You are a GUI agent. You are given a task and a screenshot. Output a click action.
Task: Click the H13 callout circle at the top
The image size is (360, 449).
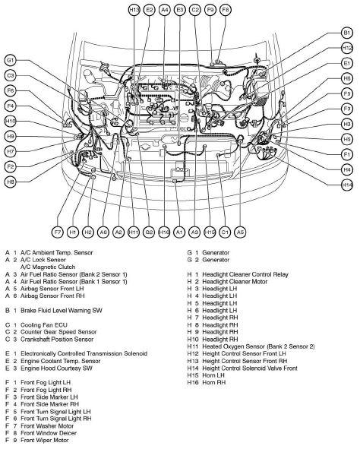134,10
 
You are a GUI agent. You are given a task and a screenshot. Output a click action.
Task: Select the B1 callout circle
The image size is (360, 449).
347,33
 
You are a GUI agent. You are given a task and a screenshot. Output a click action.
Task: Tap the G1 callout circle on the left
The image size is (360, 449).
11,61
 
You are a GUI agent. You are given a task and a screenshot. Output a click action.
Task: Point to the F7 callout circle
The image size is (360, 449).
58,232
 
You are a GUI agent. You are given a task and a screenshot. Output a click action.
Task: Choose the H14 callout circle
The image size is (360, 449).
347,185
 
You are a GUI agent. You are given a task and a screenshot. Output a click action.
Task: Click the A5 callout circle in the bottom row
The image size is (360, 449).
240,232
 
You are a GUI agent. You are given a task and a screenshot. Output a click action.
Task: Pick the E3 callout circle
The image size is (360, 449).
180,10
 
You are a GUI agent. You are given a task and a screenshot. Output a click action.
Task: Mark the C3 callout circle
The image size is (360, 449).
11,76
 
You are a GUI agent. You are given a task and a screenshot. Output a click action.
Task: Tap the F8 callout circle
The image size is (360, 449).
226,10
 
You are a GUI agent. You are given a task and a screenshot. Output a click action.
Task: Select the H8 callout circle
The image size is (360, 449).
11,182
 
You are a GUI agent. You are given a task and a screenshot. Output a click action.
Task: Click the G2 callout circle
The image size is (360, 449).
149,232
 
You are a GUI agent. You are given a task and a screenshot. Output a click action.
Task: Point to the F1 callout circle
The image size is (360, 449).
347,155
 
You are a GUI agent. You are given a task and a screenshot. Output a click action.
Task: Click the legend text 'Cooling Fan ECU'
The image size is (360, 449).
44,325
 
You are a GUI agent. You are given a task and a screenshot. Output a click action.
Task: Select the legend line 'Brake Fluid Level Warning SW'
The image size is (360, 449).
62,311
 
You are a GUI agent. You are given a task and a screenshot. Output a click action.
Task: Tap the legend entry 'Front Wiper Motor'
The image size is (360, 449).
45,441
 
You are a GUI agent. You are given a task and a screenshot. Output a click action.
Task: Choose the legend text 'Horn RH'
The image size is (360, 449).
213,383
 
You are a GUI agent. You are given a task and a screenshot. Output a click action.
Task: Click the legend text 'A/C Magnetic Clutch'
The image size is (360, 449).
48,267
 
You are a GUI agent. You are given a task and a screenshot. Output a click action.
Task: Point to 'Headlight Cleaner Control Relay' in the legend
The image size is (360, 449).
245,274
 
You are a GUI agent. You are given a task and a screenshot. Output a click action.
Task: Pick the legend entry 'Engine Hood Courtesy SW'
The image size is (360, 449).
56,368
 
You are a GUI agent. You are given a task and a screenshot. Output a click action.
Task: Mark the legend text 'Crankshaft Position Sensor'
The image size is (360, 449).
57,340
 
